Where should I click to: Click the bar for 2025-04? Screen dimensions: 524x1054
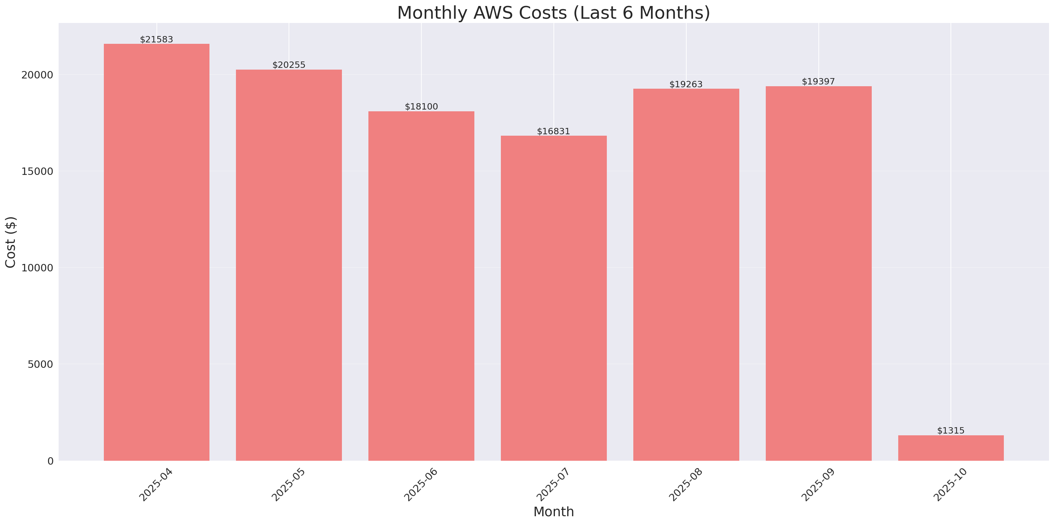click(x=156, y=252)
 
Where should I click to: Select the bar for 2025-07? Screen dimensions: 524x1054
click(x=553, y=298)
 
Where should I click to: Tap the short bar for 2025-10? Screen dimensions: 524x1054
click(x=951, y=448)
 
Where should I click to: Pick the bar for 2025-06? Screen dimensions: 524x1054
click(x=421, y=286)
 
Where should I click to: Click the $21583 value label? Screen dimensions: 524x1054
click(x=156, y=39)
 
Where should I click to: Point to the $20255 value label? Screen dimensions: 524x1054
click(x=289, y=65)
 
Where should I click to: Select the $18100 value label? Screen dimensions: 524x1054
click(x=421, y=106)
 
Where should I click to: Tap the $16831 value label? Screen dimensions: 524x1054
click(x=553, y=131)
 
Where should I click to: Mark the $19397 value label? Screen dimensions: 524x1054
click(x=818, y=82)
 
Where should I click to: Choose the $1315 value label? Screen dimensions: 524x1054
click(x=951, y=430)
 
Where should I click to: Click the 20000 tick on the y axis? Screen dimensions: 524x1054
click(x=37, y=75)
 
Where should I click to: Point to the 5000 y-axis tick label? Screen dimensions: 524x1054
click(x=40, y=364)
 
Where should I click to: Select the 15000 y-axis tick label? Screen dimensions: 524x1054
click(x=37, y=171)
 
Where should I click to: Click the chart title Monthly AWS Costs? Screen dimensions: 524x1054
click(x=553, y=13)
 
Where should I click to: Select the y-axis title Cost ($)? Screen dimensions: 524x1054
click(x=11, y=242)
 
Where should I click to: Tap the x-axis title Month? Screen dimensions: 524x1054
click(x=553, y=512)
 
